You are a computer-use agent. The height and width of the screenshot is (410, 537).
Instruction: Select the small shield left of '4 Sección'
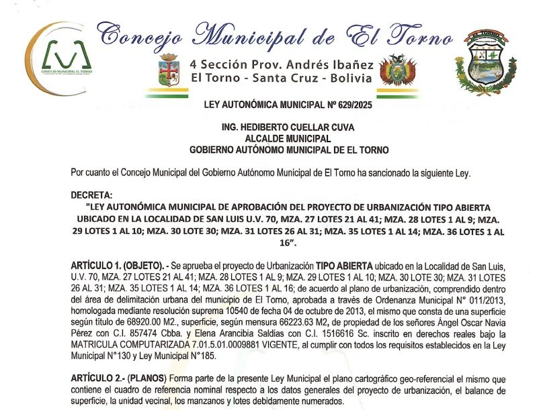pos(168,69)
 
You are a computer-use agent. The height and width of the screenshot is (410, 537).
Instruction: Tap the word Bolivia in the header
pos(351,79)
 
